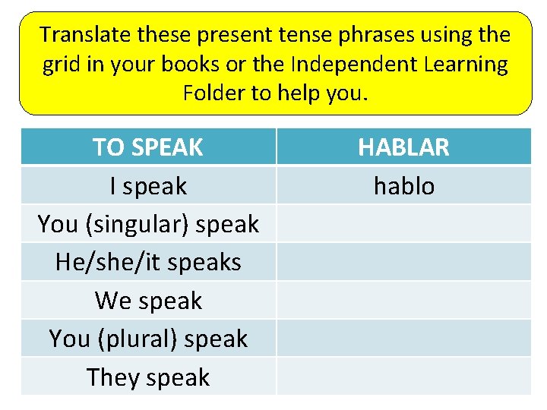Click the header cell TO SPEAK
pyautogui.click(x=148, y=147)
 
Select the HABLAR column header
pyautogui.click(x=403, y=147)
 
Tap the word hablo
pyautogui.click(x=403, y=186)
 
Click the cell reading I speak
pyautogui.click(x=148, y=186)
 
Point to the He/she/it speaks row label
pyautogui.click(x=148, y=262)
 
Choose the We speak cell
pyautogui.click(x=148, y=301)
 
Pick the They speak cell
pyautogui.click(x=148, y=377)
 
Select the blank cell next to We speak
pyautogui.click(x=403, y=300)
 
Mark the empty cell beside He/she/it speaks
pyautogui.click(x=403, y=262)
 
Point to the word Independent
pyautogui.click(x=349, y=65)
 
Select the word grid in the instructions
pyautogui.click(x=60, y=65)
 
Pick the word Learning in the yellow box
pyautogui.click(x=464, y=65)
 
